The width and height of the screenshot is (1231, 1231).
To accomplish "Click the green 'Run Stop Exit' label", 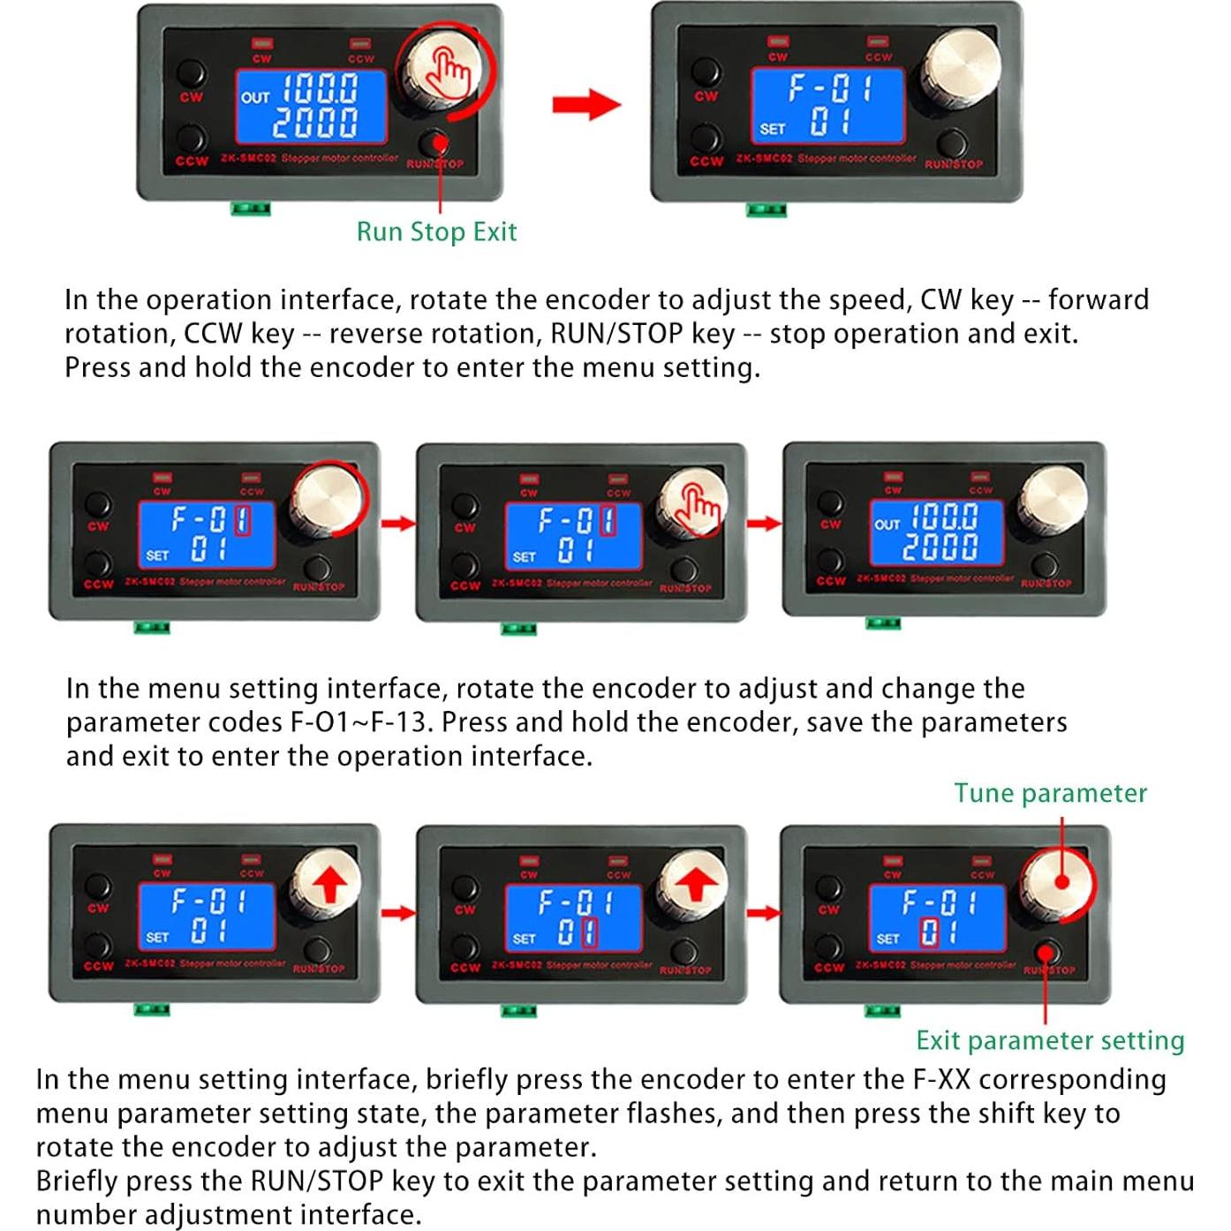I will coord(436,231).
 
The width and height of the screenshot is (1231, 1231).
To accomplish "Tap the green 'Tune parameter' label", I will coord(1050,793).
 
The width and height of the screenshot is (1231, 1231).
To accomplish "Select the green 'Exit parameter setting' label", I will coord(1050,1040).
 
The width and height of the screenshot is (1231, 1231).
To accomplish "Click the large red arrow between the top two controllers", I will coord(585,104).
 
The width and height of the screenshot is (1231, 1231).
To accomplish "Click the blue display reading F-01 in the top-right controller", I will coord(827,105).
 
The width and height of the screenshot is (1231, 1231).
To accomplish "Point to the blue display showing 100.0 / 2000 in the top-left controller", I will coord(311,106).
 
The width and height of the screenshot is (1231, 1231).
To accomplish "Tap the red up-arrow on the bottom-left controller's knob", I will coord(329,883).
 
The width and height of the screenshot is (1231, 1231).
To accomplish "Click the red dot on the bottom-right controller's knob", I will coord(1061,881).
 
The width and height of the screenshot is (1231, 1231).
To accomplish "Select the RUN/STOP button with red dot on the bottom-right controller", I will coord(1046,953).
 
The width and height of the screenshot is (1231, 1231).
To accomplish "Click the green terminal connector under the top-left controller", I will coord(251,208).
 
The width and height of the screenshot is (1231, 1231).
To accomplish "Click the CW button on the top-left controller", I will coord(191,73).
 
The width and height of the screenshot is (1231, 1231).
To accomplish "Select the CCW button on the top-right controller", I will coord(706,139).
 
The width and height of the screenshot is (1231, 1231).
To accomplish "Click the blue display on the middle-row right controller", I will coord(937,532).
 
